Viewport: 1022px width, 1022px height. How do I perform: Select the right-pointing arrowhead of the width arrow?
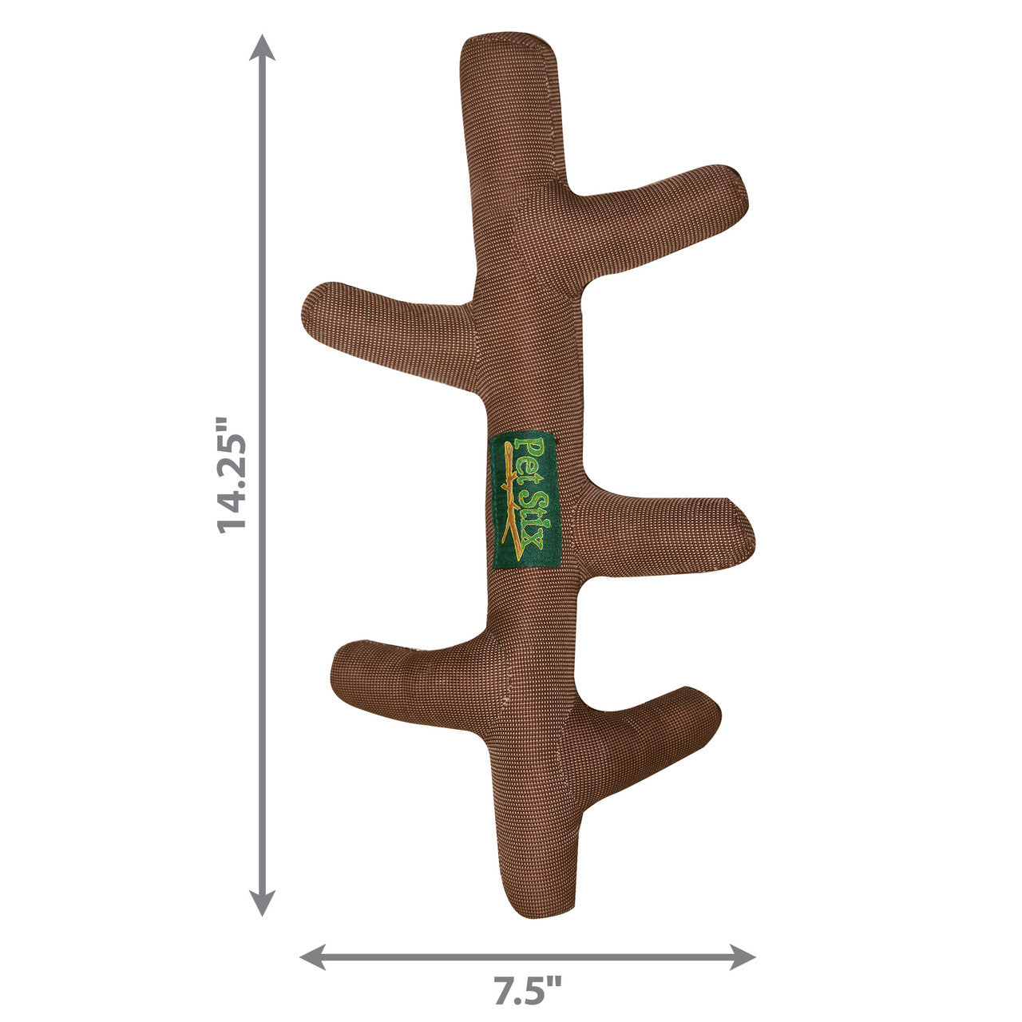pos(742,942)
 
